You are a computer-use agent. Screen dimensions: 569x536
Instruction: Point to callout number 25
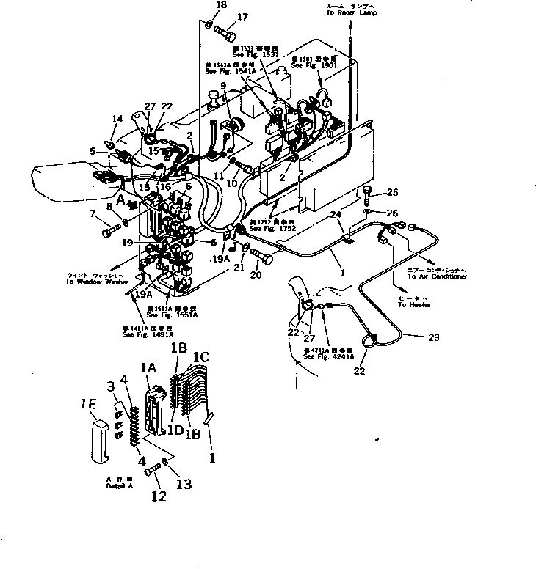[392, 192]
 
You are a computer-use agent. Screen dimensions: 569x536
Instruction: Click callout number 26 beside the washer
[392, 213]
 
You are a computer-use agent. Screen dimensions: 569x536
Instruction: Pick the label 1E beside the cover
[89, 403]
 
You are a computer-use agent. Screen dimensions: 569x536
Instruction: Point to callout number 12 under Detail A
[157, 496]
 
